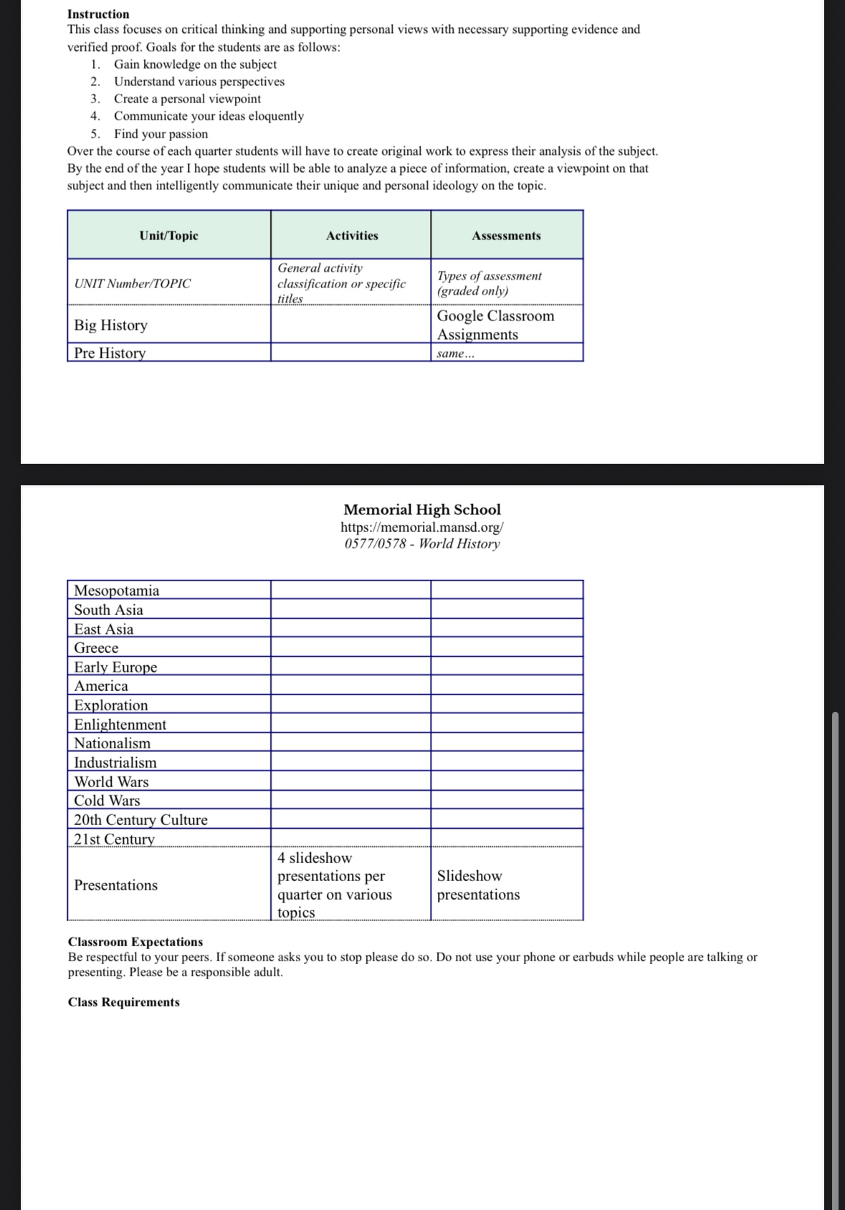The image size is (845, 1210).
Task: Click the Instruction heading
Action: (98, 14)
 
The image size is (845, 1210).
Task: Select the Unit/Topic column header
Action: (168, 236)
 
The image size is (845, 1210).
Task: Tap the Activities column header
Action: (351, 236)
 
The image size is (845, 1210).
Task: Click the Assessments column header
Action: (506, 236)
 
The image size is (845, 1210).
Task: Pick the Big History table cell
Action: (111, 325)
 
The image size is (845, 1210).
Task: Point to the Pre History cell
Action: (110, 353)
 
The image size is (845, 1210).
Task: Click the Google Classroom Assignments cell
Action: (495, 325)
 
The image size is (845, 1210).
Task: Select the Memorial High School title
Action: (422, 510)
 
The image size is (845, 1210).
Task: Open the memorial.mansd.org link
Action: (422, 527)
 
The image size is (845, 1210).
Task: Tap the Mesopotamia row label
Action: (117, 591)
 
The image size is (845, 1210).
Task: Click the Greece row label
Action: (96, 648)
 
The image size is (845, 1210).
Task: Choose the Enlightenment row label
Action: (120, 725)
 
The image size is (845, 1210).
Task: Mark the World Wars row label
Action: (111, 782)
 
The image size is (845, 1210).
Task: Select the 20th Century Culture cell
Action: (140, 820)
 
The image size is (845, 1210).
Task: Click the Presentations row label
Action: (115, 885)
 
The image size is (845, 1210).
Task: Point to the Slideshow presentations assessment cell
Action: (478, 885)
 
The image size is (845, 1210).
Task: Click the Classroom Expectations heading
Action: (135, 942)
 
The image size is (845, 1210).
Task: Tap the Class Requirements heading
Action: (124, 1002)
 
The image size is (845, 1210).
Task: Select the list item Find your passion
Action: (161, 134)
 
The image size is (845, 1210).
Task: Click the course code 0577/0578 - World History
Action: (422, 543)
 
